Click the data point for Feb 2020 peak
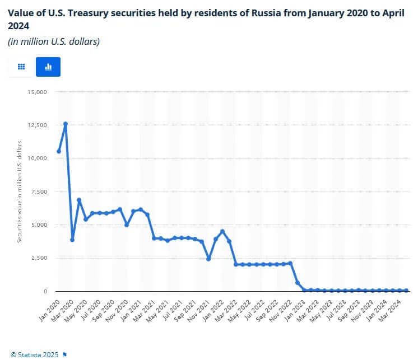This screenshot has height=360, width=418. point(66,124)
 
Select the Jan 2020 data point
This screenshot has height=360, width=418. point(59,151)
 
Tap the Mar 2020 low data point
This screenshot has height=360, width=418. point(72,240)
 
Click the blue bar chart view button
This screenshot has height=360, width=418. point(48,67)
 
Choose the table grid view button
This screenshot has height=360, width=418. point(21,67)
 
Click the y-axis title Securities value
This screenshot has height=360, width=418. point(20,191)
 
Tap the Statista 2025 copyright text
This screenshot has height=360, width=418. point(35,354)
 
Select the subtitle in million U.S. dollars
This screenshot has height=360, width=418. point(54,42)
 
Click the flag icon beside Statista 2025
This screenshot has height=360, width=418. point(64,354)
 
